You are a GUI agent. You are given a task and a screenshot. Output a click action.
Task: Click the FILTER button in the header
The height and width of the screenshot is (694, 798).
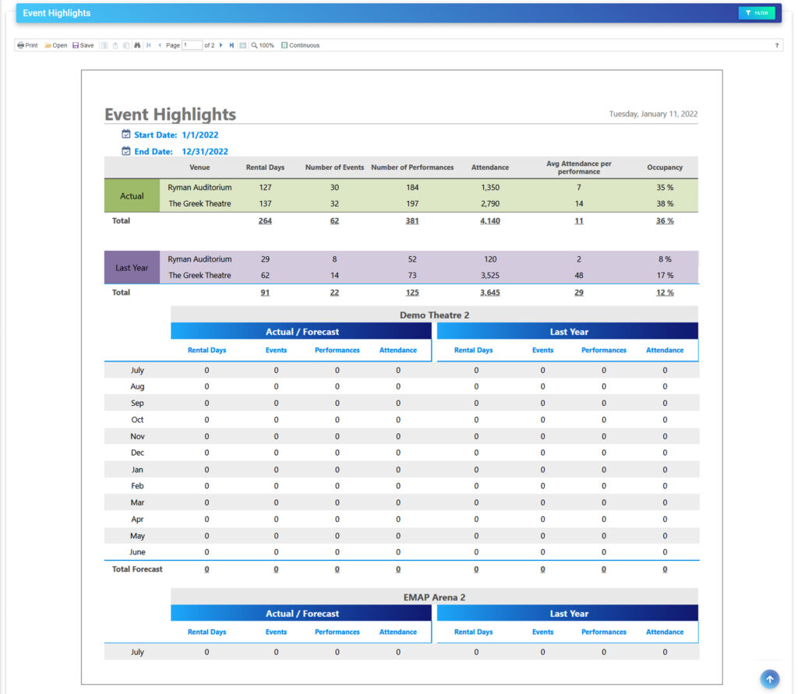[756, 13]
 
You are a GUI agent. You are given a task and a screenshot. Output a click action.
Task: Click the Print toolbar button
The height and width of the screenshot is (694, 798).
[27, 45]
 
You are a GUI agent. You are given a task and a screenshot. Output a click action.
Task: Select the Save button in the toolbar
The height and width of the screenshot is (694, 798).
[83, 45]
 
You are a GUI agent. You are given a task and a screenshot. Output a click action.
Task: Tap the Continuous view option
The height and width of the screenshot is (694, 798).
[300, 45]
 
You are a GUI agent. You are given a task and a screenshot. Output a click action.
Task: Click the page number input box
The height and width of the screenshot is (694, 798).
[192, 45]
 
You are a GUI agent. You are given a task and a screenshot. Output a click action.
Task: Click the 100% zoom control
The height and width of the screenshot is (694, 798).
[263, 45]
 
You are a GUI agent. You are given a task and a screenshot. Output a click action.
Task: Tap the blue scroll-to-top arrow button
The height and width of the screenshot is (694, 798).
[769, 679]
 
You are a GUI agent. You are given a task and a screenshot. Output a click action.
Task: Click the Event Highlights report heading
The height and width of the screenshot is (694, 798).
[170, 114]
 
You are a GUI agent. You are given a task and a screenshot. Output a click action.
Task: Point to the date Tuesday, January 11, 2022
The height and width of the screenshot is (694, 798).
[653, 114]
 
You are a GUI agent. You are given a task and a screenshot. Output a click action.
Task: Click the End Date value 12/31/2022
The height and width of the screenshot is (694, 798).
[205, 152]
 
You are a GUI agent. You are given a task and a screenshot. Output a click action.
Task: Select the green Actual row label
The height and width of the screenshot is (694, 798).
[132, 196]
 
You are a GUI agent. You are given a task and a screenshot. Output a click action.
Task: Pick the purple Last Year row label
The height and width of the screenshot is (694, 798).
[132, 267]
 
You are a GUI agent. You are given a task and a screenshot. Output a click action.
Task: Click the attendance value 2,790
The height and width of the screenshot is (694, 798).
[489, 204]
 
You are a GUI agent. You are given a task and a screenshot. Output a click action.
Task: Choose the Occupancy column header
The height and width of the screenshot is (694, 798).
[664, 167]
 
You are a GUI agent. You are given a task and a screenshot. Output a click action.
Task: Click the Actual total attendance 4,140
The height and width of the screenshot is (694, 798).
[489, 221]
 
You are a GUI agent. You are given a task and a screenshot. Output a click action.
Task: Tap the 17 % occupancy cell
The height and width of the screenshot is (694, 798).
[664, 276]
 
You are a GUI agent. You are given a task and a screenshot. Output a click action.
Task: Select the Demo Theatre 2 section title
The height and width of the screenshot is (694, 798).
[434, 315]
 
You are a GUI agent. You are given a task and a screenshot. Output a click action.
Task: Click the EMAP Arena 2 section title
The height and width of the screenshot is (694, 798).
[434, 597]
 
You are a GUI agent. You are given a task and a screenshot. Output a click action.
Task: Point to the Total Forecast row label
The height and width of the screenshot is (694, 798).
[137, 569]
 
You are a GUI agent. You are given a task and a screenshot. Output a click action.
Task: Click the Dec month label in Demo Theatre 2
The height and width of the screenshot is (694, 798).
[137, 453]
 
